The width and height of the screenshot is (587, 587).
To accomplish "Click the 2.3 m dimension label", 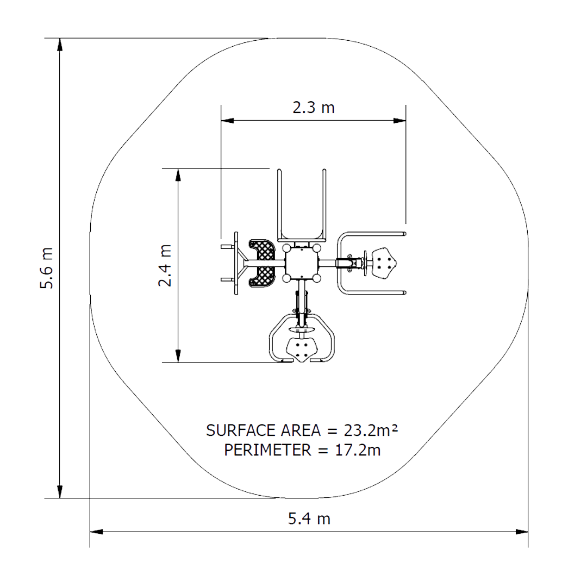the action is coord(314,108).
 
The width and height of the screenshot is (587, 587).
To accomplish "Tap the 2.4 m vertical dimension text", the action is coord(165,265).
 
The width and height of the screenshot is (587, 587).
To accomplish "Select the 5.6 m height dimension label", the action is coord(47,268).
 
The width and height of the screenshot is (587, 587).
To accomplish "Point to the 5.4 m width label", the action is coord(309,519).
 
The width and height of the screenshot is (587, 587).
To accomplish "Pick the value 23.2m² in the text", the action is coord(371,430).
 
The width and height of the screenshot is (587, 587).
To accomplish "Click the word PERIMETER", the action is coord(267,450).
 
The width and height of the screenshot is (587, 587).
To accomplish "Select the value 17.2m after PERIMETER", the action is coord(358,450).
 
